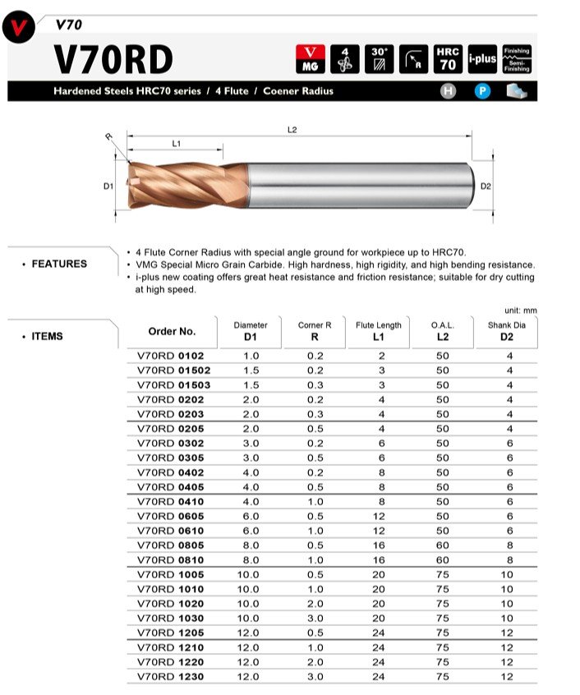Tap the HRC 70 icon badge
coord(448,59)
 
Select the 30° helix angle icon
coord(379,59)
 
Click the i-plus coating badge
coord(482,59)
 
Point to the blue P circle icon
coord(482,91)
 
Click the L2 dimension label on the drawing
coord(292,130)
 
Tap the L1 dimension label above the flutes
coord(177,144)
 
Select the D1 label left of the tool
coord(108,186)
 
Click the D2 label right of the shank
coord(486,186)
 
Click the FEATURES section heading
coord(59,264)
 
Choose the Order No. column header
coord(172,331)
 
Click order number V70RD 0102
coord(169,356)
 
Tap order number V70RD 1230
coord(169,677)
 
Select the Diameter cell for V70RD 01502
coord(251,371)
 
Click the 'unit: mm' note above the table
coord(520,310)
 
